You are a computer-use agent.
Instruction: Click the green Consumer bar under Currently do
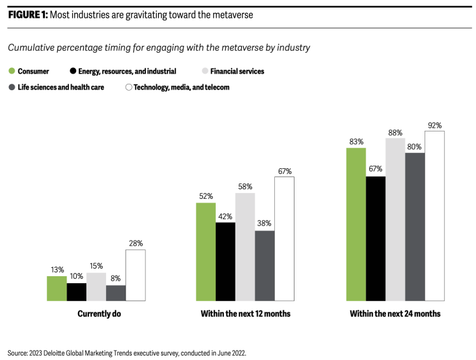[x=56, y=288]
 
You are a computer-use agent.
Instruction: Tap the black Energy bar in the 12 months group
[x=225, y=261]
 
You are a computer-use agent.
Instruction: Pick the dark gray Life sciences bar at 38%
[x=265, y=265]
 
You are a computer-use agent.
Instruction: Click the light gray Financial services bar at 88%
[x=395, y=219]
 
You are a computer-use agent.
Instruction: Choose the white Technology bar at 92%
[x=434, y=215]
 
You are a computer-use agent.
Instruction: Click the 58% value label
[x=245, y=187]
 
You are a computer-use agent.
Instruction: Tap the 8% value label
[x=116, y=279]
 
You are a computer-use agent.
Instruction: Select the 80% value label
[x=414, y=147]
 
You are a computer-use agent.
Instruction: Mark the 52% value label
[x=206, y=196]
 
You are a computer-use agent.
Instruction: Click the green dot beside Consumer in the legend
[x=12, y=72]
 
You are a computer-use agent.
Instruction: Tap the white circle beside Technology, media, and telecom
[x=129, y=88]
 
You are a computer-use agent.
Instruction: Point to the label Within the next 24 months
[x=395, y=314]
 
